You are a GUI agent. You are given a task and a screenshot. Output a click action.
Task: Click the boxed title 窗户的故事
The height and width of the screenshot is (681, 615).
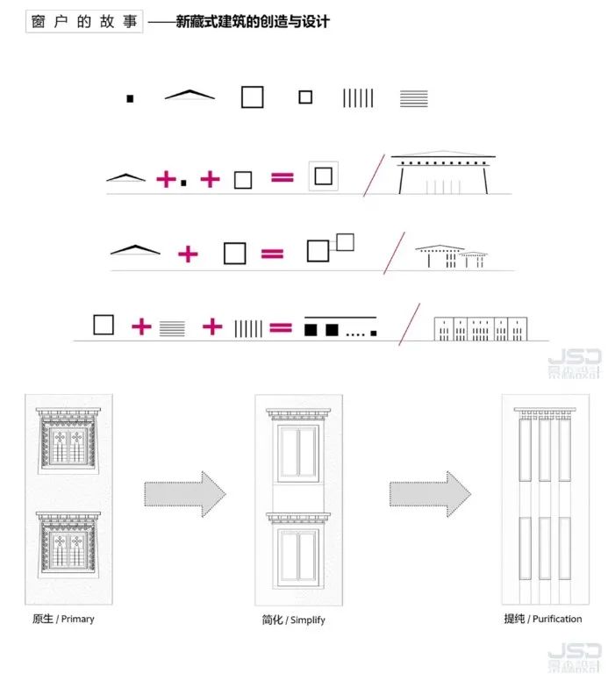[x=84, y=22]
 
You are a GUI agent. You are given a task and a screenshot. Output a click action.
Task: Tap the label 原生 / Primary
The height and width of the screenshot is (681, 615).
[x=63, y=619]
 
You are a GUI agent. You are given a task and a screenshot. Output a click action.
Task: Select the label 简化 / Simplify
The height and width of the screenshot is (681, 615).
[x=294, y=620]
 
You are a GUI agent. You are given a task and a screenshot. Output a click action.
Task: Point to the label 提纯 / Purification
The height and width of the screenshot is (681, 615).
[x=543, y=619]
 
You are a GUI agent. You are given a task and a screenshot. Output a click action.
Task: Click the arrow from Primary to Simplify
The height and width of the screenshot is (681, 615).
[x=185, y=494]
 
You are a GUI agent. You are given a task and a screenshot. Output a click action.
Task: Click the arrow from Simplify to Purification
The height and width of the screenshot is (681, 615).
[x=430, y=494]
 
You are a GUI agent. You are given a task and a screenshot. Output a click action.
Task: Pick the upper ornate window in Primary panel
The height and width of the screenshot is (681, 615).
[x=68, y=440]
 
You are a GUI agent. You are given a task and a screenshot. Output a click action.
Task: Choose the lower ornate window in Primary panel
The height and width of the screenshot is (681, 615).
[x=68, y=545]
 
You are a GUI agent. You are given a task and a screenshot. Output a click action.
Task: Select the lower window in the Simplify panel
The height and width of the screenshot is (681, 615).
[x=298, y=551]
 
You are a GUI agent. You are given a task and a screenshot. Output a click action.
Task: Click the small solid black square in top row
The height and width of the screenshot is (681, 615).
[x=130, y=98]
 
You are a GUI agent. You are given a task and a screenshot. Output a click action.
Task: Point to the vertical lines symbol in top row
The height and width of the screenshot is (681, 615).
[x=358, y=98]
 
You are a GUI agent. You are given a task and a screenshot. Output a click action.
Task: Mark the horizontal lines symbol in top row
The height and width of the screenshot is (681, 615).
[x=414, y=98]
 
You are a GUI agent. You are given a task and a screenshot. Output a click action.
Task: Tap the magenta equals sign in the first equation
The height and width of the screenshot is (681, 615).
[x=282, y=177]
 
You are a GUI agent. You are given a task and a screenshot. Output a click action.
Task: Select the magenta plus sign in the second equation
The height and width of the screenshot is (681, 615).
[x=188, y=254]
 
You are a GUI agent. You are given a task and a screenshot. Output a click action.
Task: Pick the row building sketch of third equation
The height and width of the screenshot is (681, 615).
[x=481, y=329]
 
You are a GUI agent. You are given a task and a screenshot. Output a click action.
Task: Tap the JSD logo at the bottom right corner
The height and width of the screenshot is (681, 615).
[x=574, y=657]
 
